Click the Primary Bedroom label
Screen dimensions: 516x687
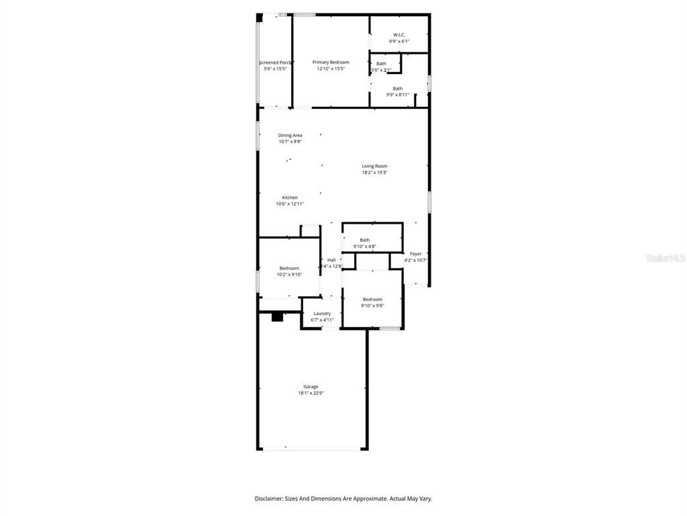click(x=331, y=62)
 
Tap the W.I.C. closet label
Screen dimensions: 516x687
click(x=399, y=35)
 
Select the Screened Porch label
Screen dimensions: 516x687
click(x=275, y=62)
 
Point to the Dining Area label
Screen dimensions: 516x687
click(x=290, y=135)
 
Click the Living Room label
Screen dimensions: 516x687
click(x=374, y=166)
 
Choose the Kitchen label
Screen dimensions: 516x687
click(x=290, y=198)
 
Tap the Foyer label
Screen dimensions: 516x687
click(x=416, y=254)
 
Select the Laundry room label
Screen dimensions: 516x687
click(x=322, y=314)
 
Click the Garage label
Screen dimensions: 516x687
click(x=311, y=386)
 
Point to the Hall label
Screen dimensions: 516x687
click(x=331, y=260)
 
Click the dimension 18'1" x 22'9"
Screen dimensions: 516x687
click(x=311, y=393)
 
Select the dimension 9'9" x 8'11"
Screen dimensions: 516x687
click(x=398, y=95)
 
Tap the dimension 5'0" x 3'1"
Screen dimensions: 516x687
click(x=381, y=70)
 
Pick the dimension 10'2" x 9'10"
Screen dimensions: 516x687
click(x=289, y=274)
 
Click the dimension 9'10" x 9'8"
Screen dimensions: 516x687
click(x=372, y=306)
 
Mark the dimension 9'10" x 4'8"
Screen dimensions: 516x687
click(x=365, y=247)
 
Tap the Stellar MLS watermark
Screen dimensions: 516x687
click(x=665, y=258)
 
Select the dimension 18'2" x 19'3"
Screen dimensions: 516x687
click(x=374, y=173)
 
